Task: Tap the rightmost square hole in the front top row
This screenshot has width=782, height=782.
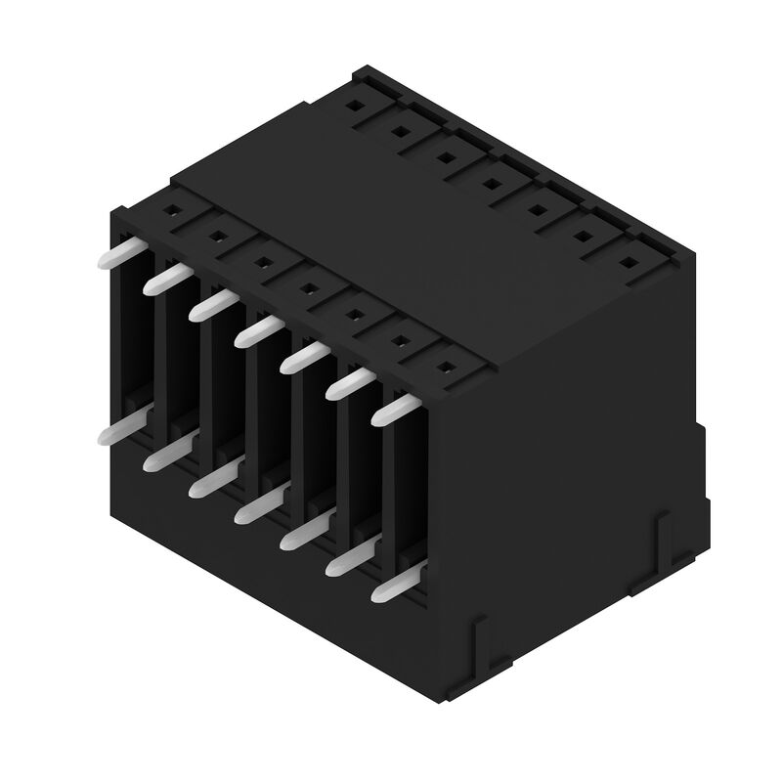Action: click(x=446, y=369)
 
